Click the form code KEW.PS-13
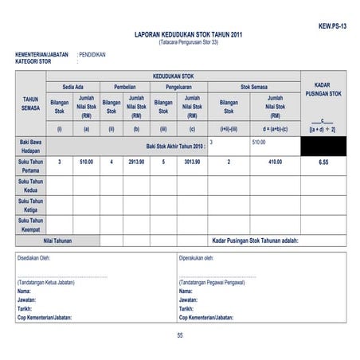[332, 26]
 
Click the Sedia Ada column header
[73, 86]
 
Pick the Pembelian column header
[125, 86]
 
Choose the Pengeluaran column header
[178, 86]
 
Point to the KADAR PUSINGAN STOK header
[323, 89]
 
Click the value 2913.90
[136, 162]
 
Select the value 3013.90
[192, 162]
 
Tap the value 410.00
[275, 162]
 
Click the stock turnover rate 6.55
[323, 162]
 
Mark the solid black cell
[323, 146]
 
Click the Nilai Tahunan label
[57, 241]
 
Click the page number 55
[180, 335]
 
